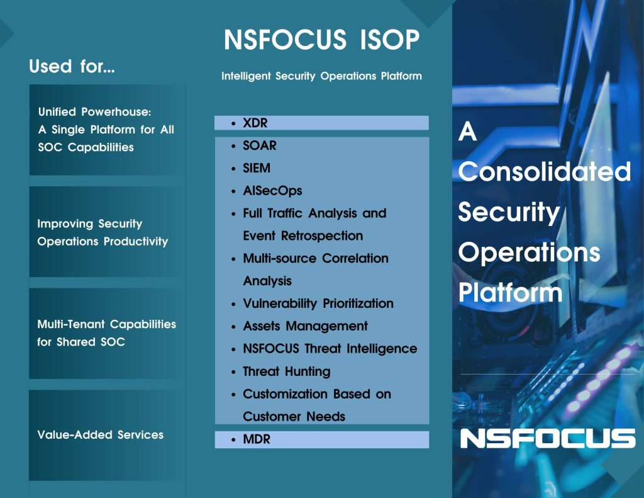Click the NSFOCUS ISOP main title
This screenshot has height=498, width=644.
321,40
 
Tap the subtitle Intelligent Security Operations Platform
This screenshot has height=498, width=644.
321,76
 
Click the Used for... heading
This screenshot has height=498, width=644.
72,66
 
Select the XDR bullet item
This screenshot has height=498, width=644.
255,123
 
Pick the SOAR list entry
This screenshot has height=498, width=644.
260,145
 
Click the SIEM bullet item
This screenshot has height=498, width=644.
257,168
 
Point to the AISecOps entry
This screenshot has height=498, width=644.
272,191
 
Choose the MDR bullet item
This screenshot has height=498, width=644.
257,439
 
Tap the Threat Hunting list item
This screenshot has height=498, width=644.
287,371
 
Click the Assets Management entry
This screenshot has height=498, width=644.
305,326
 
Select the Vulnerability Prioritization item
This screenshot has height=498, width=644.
318,303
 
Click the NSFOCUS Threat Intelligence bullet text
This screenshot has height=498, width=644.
330,349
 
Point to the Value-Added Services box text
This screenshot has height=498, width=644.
100,434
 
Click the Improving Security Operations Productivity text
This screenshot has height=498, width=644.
103,232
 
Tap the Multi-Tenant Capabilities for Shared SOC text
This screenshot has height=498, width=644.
106,332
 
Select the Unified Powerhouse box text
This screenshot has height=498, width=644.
106,130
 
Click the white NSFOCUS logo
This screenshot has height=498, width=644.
548,438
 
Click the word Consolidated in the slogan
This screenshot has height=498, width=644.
545,171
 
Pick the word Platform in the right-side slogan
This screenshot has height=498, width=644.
510,292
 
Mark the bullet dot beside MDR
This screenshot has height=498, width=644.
233,440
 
